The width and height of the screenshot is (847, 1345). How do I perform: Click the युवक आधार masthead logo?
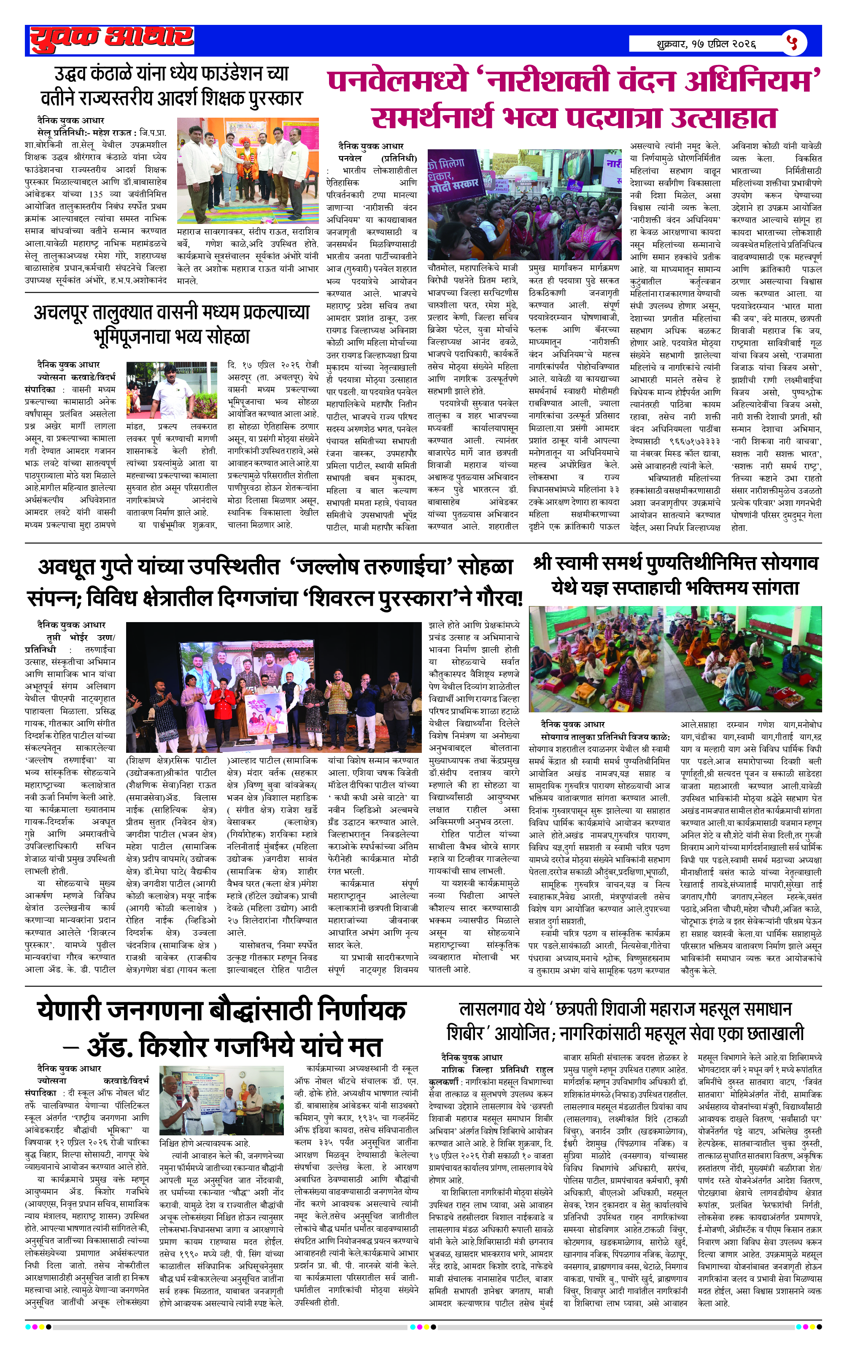112,40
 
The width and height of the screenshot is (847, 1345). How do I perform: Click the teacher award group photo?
248,170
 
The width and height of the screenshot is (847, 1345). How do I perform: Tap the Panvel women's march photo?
524,203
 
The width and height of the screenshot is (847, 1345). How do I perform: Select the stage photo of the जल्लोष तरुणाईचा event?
273,687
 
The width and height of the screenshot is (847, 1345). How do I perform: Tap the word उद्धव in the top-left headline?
76,73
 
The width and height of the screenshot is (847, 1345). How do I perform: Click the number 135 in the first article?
96,194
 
